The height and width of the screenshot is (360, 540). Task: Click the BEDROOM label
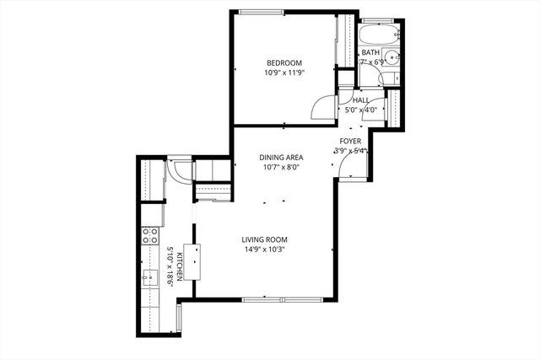pos(284,62)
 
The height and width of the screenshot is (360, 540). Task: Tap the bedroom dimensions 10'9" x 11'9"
pos(284,73)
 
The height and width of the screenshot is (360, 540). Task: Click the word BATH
pos(370,52)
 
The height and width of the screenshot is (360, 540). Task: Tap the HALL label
pos(362,99)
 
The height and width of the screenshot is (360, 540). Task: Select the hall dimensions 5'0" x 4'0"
pos(362,110)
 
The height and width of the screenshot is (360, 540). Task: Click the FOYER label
pos(350,141)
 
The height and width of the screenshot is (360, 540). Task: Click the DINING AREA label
pos(281,157)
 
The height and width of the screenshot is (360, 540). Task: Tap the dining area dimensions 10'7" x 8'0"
pos(281,167)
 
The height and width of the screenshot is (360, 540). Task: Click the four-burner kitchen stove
pos(150,235)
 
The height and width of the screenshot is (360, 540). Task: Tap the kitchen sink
pos(149,277)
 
